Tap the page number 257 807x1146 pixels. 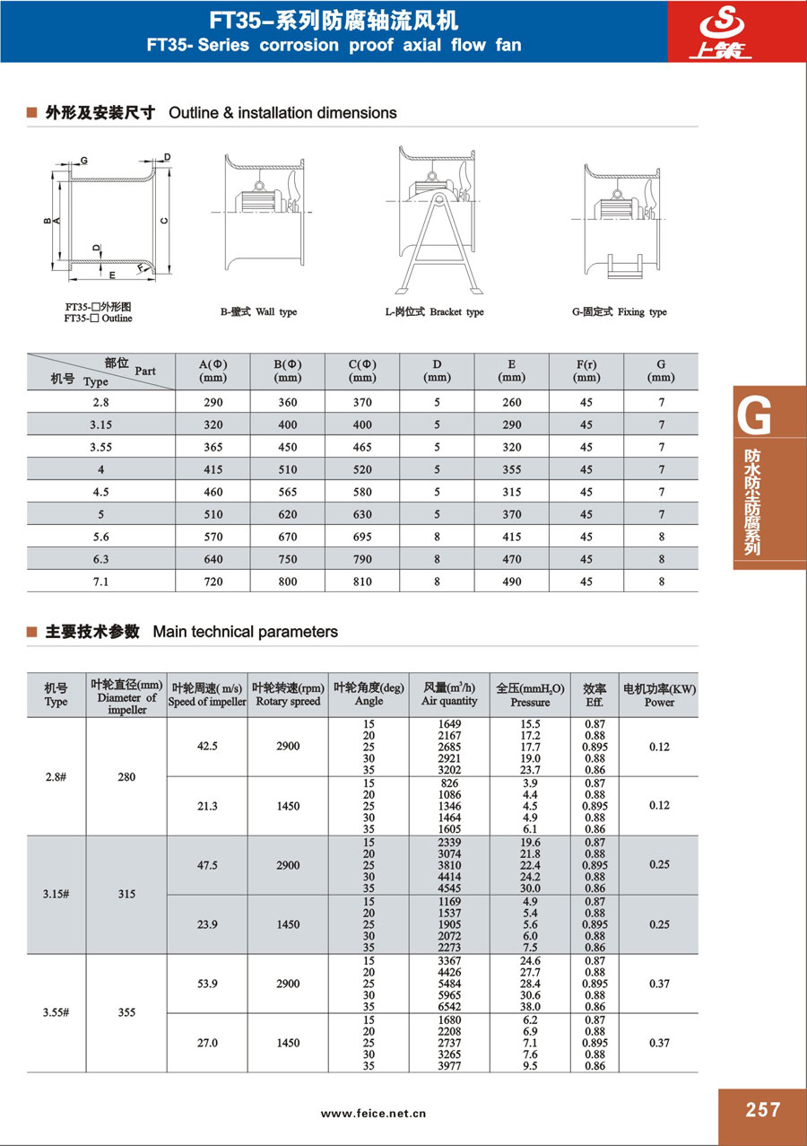(762, 1110)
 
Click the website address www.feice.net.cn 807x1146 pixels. (374, 1114)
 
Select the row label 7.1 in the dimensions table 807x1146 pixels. (100, 582)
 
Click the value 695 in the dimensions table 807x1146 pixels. (362, 537)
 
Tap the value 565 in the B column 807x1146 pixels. (288, 492)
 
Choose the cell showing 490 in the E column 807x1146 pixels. (511, 582)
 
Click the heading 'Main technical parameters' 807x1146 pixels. (245, 632)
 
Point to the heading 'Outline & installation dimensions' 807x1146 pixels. (282, 113)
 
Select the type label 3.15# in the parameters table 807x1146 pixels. (56, 895)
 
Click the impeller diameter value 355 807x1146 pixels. (126, 1012)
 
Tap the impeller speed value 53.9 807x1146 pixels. (207, 984)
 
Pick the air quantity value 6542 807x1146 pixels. (449, 1007)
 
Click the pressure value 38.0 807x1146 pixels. (530, 1007)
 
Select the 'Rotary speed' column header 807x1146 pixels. (288, 701)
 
